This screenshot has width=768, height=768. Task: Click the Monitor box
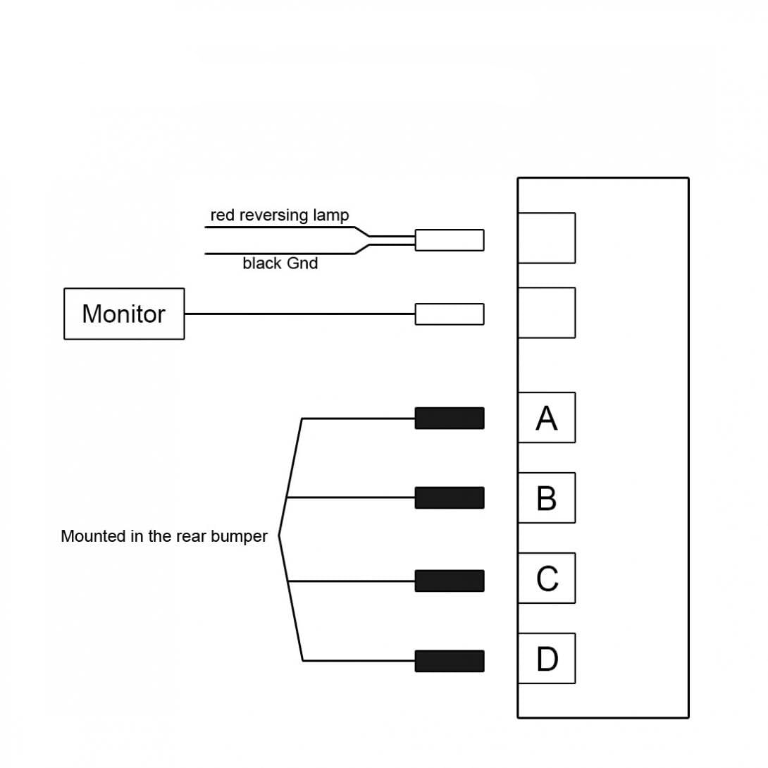click(124, 314)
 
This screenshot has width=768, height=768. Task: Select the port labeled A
click(547, 417)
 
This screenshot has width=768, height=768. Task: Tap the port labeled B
click(547, 497)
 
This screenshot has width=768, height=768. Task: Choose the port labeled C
click(547, 578)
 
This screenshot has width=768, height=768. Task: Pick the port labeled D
click(547, 658)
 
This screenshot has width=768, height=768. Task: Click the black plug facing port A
click(450, 418)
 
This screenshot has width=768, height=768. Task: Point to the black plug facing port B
click(450, 497)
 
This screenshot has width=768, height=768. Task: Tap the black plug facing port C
click(450, 581)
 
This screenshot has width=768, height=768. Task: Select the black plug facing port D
click(450, 661)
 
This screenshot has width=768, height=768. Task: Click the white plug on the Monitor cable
click(450, 314)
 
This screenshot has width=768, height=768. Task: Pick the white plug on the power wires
click(450, 240)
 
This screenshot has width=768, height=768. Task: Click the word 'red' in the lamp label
click(223, 215)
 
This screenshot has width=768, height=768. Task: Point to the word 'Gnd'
click(302, 264)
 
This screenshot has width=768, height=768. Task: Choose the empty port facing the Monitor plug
click(547, 313)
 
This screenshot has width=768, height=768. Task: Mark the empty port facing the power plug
click(547, 238)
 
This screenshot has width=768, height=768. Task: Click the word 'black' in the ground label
click(262, 264)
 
